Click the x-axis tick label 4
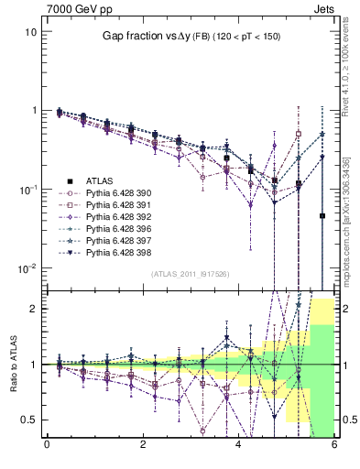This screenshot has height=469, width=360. click(238, 446)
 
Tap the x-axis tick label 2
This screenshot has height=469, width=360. click(143, 446)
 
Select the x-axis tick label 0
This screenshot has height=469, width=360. click(47, 446)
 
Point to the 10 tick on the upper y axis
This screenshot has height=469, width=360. click(31, 31)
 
